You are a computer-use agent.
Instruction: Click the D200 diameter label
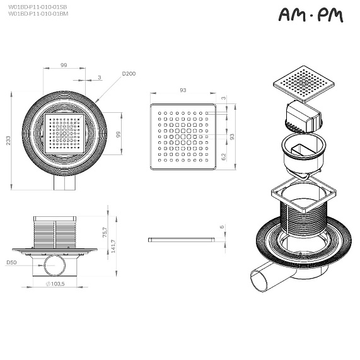129,74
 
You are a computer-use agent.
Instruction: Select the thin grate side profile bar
181,240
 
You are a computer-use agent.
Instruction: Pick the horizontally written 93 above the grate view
183,90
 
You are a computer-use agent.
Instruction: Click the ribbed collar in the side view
55,235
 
